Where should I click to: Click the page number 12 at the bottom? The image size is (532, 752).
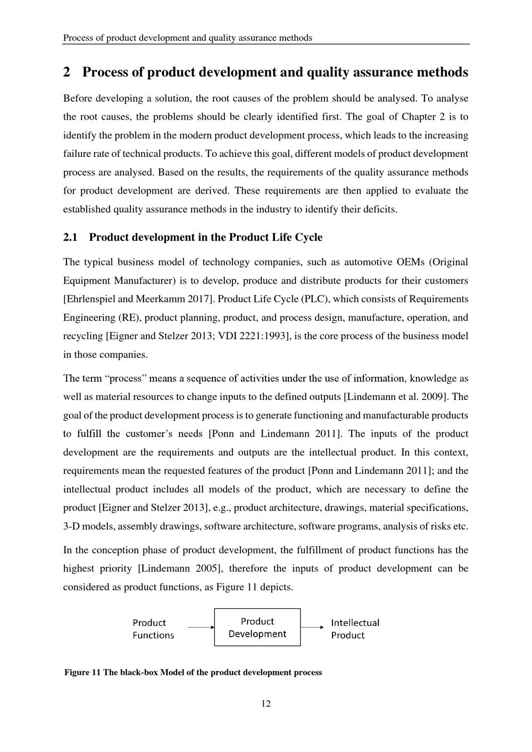(266, 704)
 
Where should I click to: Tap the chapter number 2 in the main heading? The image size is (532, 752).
(67, 72)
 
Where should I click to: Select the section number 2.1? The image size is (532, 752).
(70, 237)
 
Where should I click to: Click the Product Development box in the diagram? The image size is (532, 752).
(257, 628)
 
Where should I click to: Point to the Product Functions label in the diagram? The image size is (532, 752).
(153, 629)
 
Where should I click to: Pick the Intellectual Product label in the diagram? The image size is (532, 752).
(355, 629)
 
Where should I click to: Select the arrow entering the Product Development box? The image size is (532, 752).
(201, 628)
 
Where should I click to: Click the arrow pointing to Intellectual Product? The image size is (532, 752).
(312, 628)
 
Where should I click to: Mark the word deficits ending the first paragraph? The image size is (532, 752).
(380, 210)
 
